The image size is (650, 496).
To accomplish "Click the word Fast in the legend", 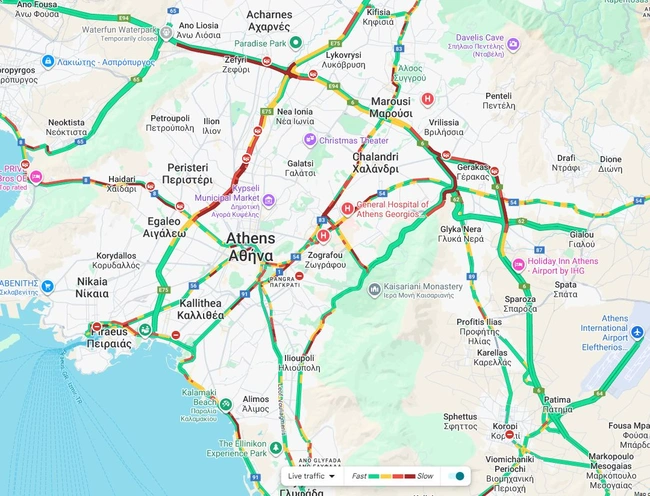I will [358, 477].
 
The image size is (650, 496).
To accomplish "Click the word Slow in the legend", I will [425, 477].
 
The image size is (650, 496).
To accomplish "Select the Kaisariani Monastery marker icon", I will [374, 290].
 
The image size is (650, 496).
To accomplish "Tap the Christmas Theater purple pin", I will [309, 141].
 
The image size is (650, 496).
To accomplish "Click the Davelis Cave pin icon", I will [513, 44].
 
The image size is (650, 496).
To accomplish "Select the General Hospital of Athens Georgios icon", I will [347, 209].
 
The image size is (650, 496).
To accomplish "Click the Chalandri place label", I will [376, 163].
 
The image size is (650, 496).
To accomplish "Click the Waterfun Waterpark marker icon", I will [166, 31].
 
